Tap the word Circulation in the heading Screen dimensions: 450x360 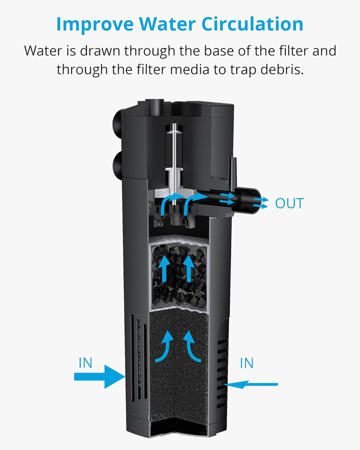256,25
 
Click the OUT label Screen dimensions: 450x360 289,203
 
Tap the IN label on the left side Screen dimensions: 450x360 85,363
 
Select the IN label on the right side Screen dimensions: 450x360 247,363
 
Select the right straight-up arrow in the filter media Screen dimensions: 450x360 189,269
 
